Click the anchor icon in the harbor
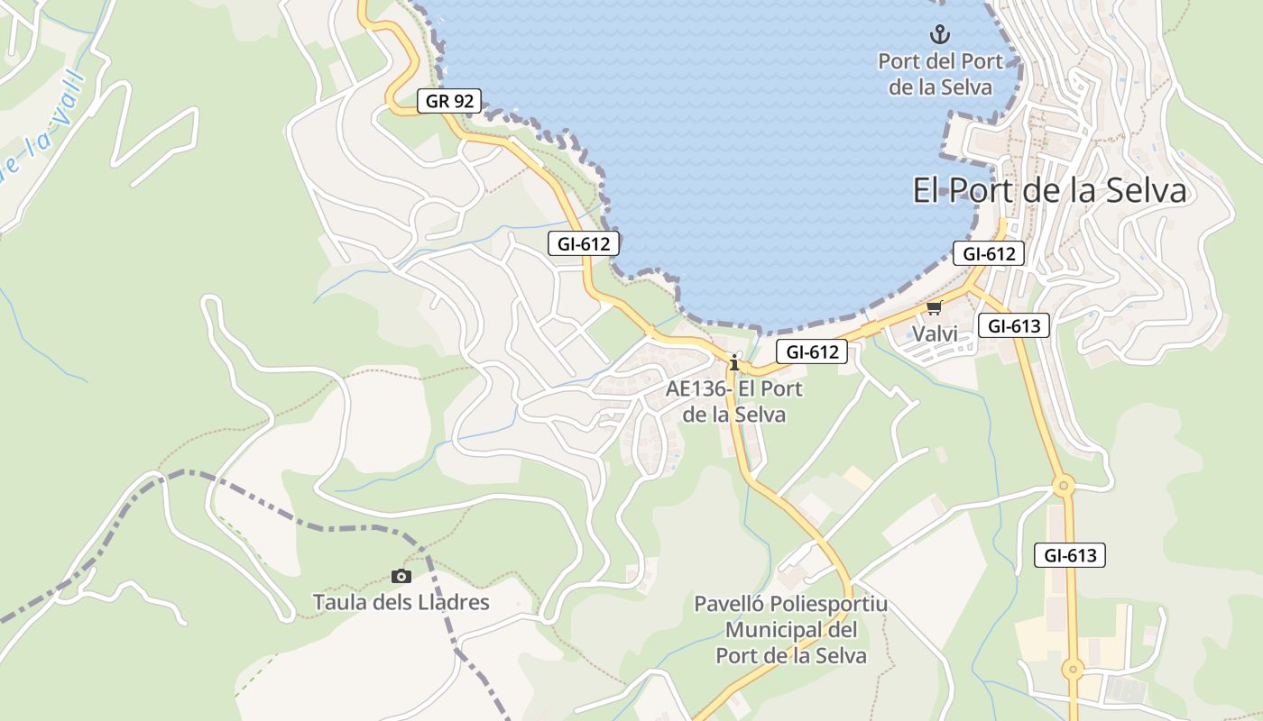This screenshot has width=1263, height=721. [x=940, y=35]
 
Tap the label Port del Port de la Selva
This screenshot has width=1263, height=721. [x=940, y=74]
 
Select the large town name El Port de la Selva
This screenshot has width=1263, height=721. [x=1049, y=191]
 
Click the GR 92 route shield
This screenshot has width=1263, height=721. [x=449, y=101]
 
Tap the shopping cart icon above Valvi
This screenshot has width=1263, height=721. [x=934, y=308]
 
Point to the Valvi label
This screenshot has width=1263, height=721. [x=934, y=333]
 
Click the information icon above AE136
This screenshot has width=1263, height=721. [x=734, y=362]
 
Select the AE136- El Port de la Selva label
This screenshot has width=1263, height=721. [x=734, y=402]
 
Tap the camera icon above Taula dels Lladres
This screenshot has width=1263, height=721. [x=401, y=576]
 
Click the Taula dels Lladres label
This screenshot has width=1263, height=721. [x=401, y=602]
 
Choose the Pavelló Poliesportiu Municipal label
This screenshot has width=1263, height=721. [x=791, y=629]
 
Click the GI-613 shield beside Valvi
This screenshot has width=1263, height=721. [x=1014, y=325]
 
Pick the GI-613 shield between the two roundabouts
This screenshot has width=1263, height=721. [x=1069, y=555]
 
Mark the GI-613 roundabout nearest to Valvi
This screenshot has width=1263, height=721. [x=1064, y=487]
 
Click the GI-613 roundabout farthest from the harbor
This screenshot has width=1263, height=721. [x=1072, y=670]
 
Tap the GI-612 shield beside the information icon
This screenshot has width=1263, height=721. [x=812, y=351]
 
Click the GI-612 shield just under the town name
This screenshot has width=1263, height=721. [x=989, y=253]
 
